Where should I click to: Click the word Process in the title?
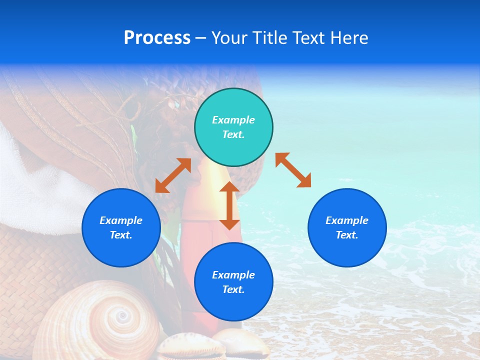point(157,38)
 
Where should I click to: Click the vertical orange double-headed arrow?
point(229,205)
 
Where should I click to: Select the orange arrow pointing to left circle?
point(173,175)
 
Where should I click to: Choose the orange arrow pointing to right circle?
point(293,170)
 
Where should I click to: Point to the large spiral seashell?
point(100,320)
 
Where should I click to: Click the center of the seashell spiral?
point(121,316)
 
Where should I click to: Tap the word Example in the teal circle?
point(233,120)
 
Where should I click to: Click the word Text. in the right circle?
point(347,235)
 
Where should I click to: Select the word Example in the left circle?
point(121,220)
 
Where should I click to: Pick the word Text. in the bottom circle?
point(233,289)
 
